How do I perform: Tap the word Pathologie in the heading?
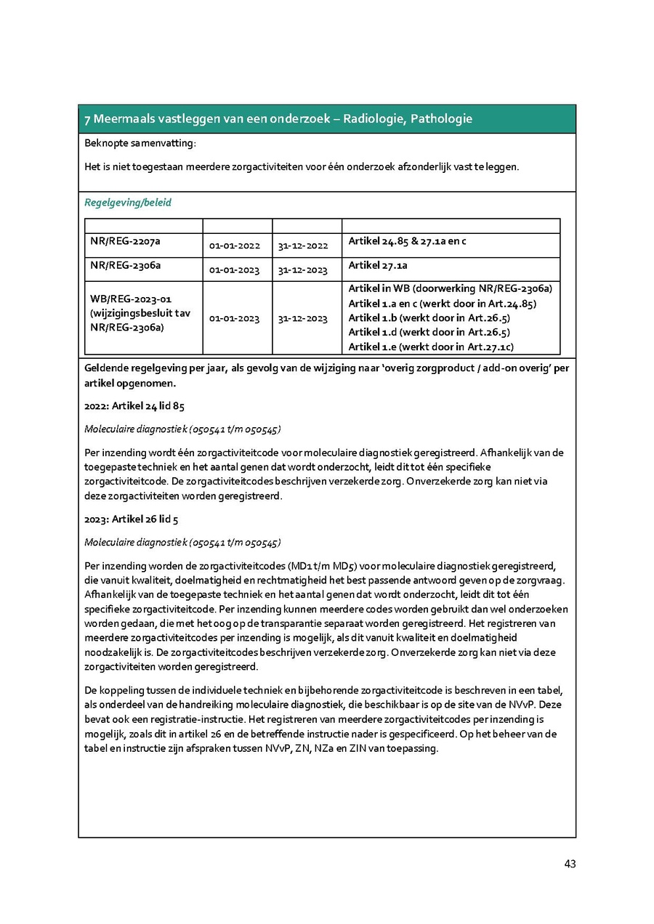point(442,118)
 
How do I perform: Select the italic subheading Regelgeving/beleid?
point(128,203)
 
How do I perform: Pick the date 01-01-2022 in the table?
point(234,246)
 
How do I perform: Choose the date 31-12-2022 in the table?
point(303,246)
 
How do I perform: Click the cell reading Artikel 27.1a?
point(378,264)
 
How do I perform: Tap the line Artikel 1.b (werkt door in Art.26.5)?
point(429,317)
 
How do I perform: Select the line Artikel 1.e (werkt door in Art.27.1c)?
point(431,346)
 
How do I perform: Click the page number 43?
point(570,864)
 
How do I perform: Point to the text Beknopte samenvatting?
point(140,144)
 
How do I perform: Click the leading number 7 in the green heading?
point(87,119)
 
